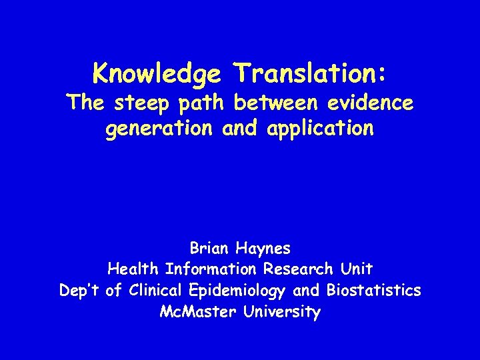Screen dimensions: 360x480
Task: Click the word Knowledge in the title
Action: pyautogui.click(x=158, y=73)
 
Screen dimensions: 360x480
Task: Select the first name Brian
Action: pyautogui.click(x=209, y=249)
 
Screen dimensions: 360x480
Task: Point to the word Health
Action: pyautogui.click(x=133, y=269)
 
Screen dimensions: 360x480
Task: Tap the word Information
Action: pyautogui.click(x=211, y=269)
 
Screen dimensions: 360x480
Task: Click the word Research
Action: pyautogui.click(x=298, y=269)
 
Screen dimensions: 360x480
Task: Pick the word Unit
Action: pyautogui.click(x=356, y=269)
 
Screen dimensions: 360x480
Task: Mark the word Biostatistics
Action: pyautogui.click(x=373, y=291)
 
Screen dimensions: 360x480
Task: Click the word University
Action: pyautogui.click(x=281, y=311)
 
